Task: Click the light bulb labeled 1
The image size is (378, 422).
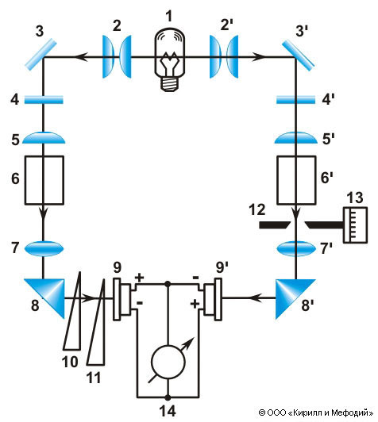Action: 170,59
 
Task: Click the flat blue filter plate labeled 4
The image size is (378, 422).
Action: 44,100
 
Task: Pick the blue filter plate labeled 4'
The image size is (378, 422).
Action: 296,100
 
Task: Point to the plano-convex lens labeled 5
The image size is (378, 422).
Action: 44,138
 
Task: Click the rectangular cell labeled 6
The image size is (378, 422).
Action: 44,180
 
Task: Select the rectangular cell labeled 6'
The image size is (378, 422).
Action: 297,180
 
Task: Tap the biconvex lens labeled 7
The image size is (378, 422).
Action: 44,248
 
